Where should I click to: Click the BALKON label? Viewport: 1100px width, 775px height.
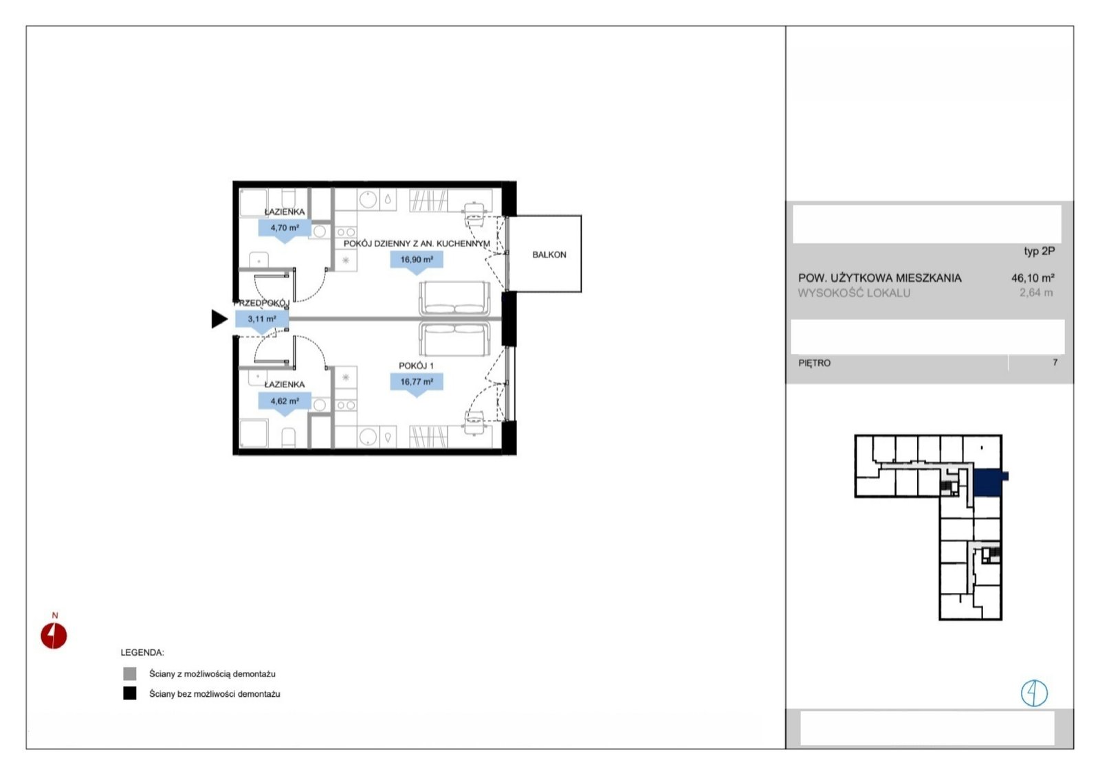[549, 255]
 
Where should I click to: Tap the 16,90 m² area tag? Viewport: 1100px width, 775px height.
[417, 259]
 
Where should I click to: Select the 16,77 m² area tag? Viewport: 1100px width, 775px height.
[417, 381]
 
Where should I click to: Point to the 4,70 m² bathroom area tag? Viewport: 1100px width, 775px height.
[285, 227]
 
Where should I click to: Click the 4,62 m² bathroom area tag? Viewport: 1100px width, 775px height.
[285, 401]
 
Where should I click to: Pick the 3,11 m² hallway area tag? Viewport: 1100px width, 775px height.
[262, 319]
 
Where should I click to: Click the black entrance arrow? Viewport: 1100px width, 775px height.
[219, 319]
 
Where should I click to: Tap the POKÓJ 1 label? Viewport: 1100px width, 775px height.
[416, 366]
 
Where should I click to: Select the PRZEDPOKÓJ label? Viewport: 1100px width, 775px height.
[261, 303]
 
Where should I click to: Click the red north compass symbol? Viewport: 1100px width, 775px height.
[54, 636]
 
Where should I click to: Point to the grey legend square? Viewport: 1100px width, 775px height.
[130, 673]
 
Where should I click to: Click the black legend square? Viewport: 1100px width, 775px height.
[130, 693]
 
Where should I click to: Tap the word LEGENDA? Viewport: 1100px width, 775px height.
[142, 653]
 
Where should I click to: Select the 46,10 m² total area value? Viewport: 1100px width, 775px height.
[1033, 278]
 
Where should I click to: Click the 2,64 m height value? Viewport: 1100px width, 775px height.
[1036, 293]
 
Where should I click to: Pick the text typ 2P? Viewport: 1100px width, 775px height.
[1039, 251]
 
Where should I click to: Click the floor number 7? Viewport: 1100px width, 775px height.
[1055, 363]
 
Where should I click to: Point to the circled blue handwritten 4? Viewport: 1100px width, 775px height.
[1034, 693]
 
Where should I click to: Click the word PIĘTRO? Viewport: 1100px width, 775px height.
[815, 363]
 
